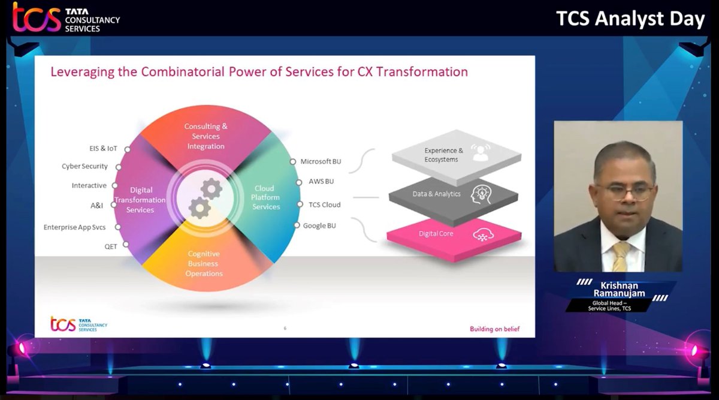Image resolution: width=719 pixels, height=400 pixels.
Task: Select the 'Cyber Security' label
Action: coord(84,166)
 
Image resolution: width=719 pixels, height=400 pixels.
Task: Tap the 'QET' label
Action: coord(111,246)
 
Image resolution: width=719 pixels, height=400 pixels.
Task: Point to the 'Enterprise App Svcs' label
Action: coord(74,227)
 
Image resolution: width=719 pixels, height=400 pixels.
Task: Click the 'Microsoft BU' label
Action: coord(321,161)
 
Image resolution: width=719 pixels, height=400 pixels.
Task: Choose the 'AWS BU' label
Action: coord(321,181)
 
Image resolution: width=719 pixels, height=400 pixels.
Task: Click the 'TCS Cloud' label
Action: coord(324,204)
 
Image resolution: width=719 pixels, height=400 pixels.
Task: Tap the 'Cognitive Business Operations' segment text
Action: coord(205,263)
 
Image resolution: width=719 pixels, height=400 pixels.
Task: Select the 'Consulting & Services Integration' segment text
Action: coord(206,136)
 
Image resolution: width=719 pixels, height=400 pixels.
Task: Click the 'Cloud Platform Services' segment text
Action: coord(265,197)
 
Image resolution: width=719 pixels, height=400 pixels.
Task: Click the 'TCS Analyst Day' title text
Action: coord(630,19)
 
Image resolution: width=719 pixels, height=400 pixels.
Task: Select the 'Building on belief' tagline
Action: coord(494,329)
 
